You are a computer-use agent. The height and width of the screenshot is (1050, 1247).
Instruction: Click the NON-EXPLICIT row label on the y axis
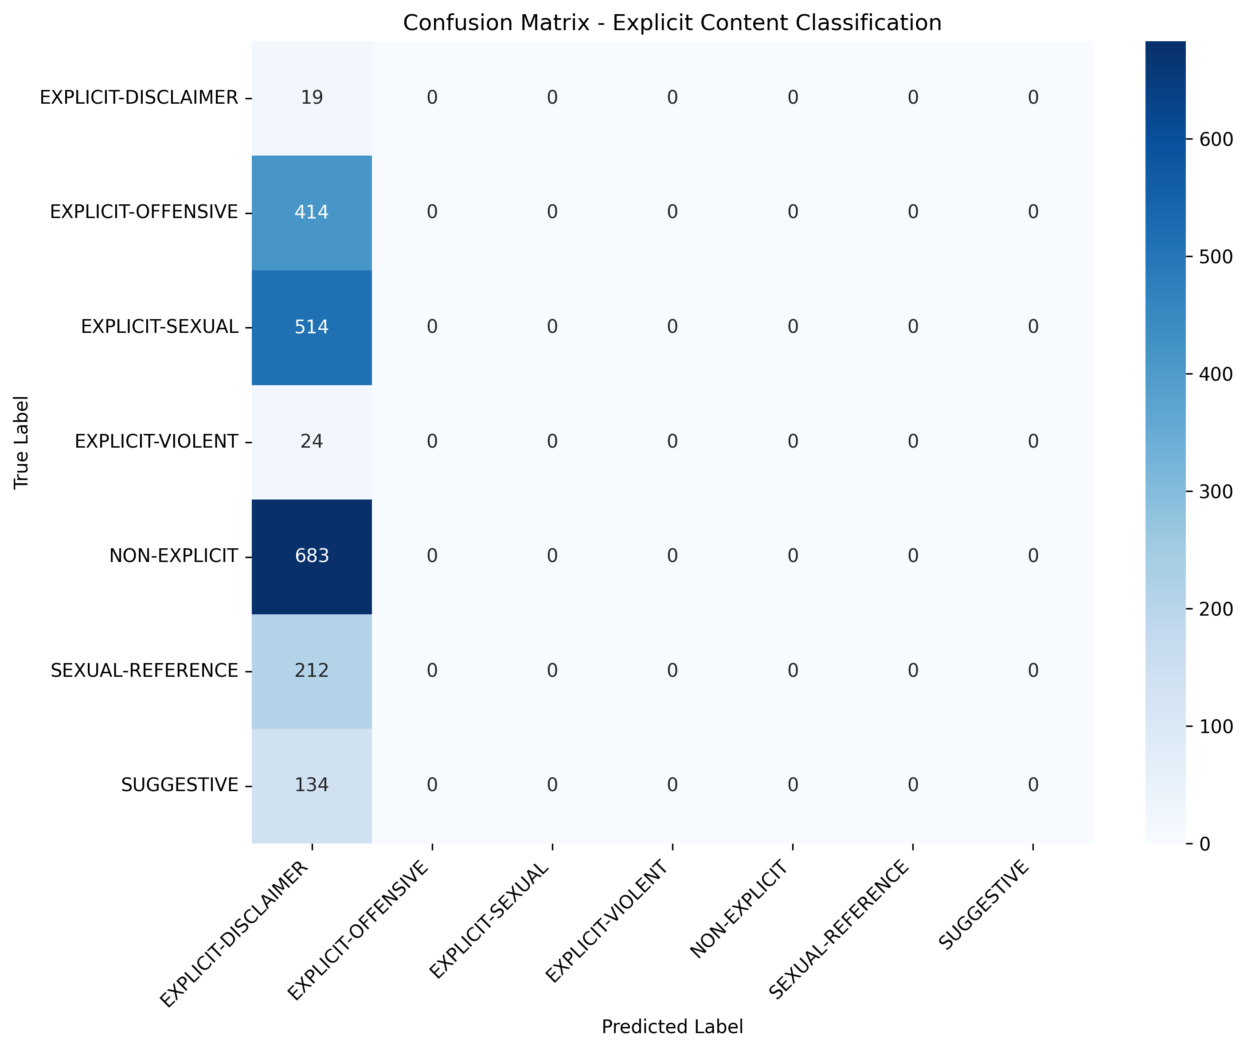173,556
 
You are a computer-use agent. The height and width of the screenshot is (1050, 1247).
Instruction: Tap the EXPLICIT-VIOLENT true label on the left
156,441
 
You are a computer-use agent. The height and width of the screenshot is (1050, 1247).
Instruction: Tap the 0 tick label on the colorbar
1205,844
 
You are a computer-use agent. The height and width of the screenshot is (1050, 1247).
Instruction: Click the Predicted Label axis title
672,1027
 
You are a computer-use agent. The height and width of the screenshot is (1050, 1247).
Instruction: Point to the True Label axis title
21,442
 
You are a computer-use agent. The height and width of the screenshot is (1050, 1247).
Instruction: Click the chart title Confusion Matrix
672,23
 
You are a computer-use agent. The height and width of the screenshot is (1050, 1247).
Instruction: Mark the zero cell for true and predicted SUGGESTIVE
1033,785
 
